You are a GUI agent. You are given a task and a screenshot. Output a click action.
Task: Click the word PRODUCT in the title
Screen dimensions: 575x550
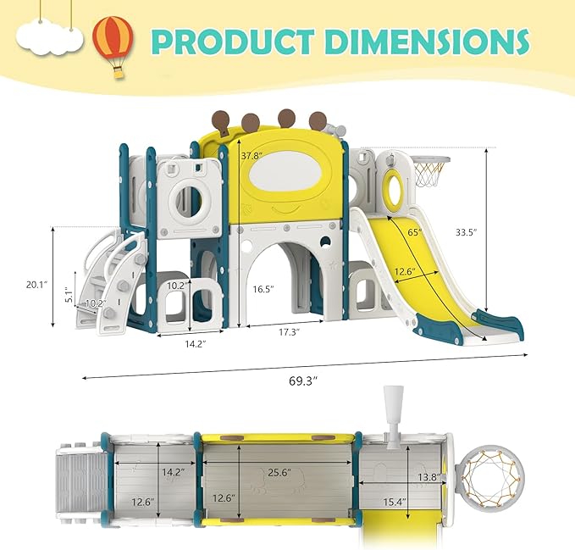pos(233,42)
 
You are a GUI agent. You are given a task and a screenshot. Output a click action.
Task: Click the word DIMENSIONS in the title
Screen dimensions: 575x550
pos(428,42)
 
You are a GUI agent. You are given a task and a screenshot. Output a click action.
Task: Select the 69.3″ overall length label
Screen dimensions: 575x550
pos(302,381)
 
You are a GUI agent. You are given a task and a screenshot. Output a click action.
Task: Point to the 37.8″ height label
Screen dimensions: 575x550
pos(252,156)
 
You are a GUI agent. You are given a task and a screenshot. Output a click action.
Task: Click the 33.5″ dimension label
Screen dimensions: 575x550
pos(467,232)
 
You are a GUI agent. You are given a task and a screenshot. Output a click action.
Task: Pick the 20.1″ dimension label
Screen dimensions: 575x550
pos(37,285)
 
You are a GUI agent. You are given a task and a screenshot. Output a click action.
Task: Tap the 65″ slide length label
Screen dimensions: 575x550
pos(415,232)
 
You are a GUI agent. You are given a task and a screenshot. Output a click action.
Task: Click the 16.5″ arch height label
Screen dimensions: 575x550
pos(263,289)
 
